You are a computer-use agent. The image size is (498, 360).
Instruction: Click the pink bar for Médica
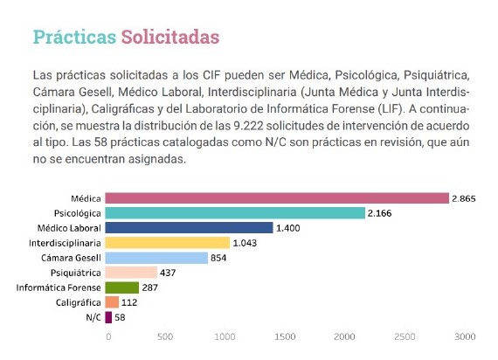point(277,198)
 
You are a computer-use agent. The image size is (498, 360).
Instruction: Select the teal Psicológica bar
point(235,213)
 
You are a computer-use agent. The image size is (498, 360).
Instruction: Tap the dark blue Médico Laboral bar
point(189,228)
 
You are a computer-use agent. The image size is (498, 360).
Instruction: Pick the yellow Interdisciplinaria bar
point(168,243)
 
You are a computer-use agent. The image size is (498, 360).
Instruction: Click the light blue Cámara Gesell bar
point(156,258)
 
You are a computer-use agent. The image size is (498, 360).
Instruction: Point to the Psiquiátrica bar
point(131,273)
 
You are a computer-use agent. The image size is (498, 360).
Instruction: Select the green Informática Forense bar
point(122,287)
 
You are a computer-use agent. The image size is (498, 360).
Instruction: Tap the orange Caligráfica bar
point(112,302)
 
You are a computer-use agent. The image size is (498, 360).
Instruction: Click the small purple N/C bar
point(108,317)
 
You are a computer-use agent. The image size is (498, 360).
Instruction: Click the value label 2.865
point(464,199)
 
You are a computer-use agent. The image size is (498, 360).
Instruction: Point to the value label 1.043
point(245,243)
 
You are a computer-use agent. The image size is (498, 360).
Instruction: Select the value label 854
point(218,258)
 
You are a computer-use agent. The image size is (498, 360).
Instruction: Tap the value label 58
point(120,317)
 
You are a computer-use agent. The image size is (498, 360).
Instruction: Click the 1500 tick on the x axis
point(285,336)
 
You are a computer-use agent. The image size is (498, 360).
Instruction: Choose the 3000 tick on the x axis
point(465,336)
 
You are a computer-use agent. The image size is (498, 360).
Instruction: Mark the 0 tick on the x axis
point(108,336)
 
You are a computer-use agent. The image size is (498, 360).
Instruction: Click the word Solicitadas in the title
point(170,37)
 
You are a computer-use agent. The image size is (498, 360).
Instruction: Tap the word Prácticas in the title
point(74,37)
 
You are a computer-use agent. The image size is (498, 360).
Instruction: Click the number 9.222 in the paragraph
point(249,126)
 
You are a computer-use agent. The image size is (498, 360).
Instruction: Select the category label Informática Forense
point(59,287)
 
